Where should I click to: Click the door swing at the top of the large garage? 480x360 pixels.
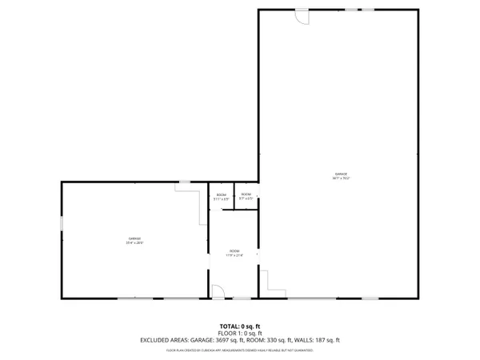301,17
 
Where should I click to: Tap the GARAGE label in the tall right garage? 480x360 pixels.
342,174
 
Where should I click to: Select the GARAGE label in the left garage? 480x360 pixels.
134,238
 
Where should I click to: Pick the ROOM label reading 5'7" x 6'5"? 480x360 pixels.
246,194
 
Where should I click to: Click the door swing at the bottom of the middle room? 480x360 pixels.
217,292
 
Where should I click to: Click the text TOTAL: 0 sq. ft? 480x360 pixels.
240,326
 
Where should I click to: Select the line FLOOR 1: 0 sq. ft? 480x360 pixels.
240,333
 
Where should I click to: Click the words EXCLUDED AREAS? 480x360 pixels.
163,340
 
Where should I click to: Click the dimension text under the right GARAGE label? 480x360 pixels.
342,178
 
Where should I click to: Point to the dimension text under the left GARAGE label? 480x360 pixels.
134,242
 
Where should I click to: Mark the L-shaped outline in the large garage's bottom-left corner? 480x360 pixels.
273,285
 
